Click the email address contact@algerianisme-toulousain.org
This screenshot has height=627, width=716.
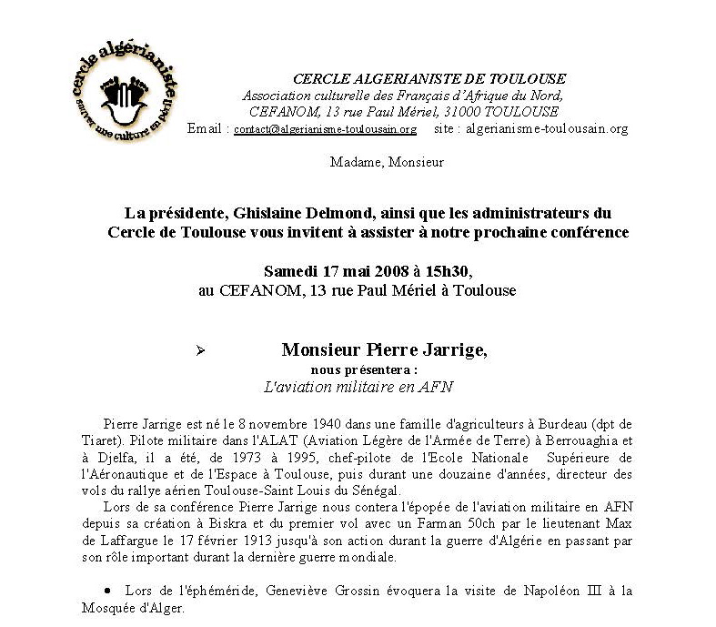[x=325, y=129]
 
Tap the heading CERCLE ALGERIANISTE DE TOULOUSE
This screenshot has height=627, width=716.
[x=429, y=79]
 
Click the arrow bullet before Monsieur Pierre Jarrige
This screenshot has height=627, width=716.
[x=201, y=350]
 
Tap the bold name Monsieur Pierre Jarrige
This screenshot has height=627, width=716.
[x=378, y=349]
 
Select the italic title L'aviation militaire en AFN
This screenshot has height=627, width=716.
[x=358, y=386]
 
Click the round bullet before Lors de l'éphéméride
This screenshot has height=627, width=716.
[x=109, y=592]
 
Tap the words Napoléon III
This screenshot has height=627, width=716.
[x=572, y=591]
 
